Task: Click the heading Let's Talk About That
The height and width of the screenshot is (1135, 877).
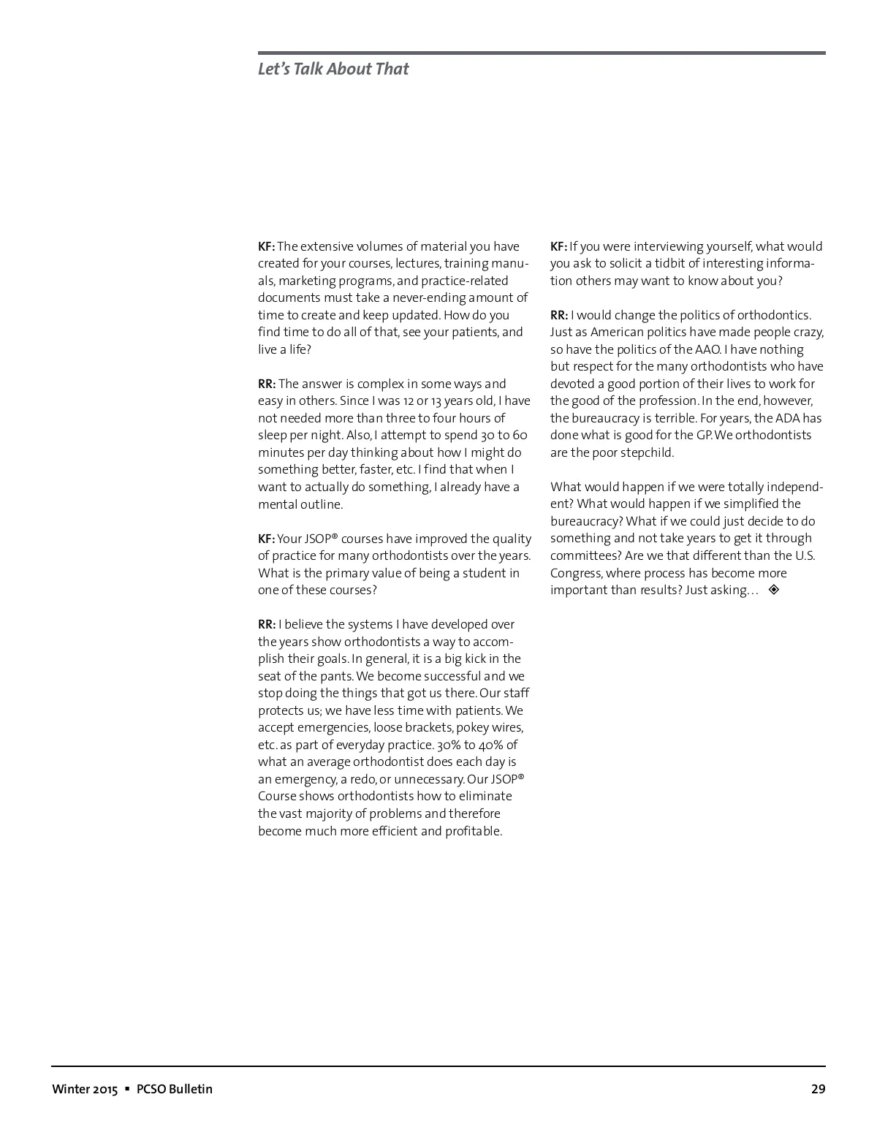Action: [x=333, y=69]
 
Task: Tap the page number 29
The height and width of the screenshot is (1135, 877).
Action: [x=818, y=1089]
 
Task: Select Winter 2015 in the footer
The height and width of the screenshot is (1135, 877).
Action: [x=84, y=1089]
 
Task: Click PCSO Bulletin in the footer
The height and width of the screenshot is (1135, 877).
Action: [x=175, y=1089]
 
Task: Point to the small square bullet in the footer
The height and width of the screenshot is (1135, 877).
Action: [x=127, y=1089]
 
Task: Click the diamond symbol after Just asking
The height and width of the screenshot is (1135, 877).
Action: [x=774, y=590]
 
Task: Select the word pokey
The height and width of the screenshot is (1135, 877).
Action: [x=473, y=728]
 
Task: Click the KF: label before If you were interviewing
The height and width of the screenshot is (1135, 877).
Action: [x=558, y=246]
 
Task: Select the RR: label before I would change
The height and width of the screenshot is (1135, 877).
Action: [x=559, y=315]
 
